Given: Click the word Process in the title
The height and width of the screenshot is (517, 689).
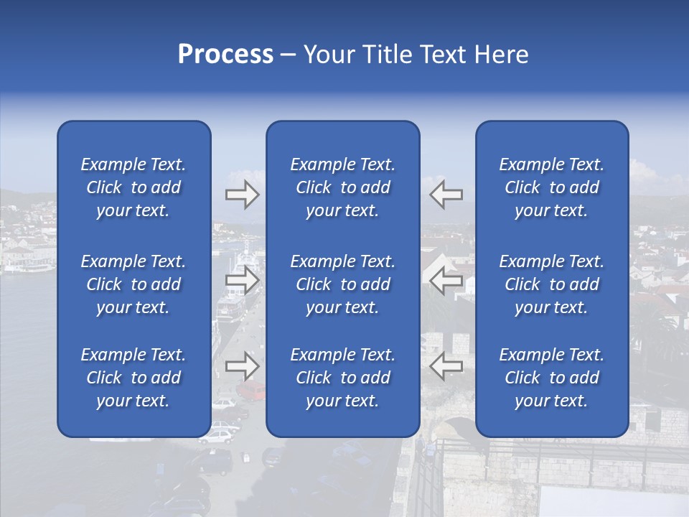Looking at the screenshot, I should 225,55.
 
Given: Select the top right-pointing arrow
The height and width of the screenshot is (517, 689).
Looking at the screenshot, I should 242,195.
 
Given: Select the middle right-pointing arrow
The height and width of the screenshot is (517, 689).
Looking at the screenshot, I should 242,280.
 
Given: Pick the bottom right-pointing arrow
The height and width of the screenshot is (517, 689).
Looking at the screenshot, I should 242,366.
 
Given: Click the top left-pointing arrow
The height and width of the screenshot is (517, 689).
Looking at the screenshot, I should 446,195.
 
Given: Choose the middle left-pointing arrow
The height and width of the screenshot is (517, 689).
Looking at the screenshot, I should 446,280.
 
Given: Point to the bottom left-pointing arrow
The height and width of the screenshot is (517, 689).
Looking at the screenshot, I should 446,366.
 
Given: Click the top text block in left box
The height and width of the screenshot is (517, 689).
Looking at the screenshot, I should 133,187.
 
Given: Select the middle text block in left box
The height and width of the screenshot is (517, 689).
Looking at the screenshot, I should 133,284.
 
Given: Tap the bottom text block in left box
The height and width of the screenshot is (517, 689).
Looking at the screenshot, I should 133,378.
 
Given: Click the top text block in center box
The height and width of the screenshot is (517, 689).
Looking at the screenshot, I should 343,187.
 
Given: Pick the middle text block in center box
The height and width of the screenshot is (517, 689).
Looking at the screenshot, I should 343,284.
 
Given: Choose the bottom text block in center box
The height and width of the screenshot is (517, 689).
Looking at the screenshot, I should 343,378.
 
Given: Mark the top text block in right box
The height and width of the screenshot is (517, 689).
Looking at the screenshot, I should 552,187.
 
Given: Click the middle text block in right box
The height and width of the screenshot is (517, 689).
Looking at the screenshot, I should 552,284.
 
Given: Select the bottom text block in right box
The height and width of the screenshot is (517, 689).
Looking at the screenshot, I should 552,378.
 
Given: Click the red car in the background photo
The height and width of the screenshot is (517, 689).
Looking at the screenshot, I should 250,391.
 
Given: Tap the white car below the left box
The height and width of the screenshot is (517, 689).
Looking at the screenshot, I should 222,433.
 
